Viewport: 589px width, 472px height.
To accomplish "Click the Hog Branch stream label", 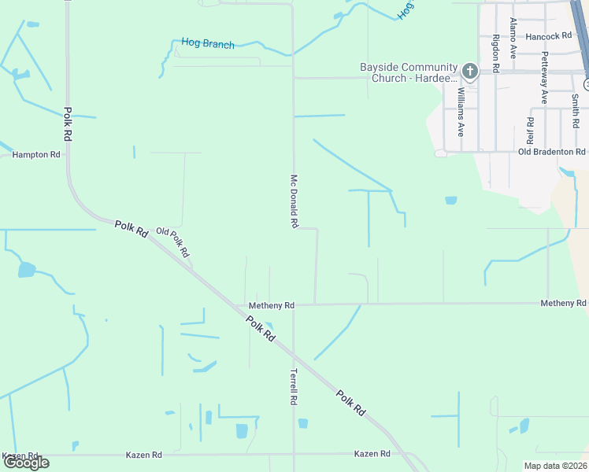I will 208,44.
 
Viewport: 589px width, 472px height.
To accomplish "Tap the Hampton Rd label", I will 36,155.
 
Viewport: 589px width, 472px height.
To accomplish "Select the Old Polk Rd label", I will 172,242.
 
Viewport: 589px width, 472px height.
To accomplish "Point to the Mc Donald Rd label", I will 294,201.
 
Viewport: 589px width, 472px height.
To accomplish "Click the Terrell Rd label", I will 293,387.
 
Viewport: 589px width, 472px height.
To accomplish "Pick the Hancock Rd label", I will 548,36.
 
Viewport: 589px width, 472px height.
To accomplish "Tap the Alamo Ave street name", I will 513,39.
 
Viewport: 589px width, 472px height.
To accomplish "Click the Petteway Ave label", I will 543,78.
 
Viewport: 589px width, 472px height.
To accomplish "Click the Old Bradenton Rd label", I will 552,151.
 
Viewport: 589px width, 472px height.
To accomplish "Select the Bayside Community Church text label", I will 409,72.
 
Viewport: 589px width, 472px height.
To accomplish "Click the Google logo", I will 26,463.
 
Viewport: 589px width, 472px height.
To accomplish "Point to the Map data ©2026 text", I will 555,466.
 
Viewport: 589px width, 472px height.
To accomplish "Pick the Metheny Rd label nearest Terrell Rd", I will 271,305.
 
